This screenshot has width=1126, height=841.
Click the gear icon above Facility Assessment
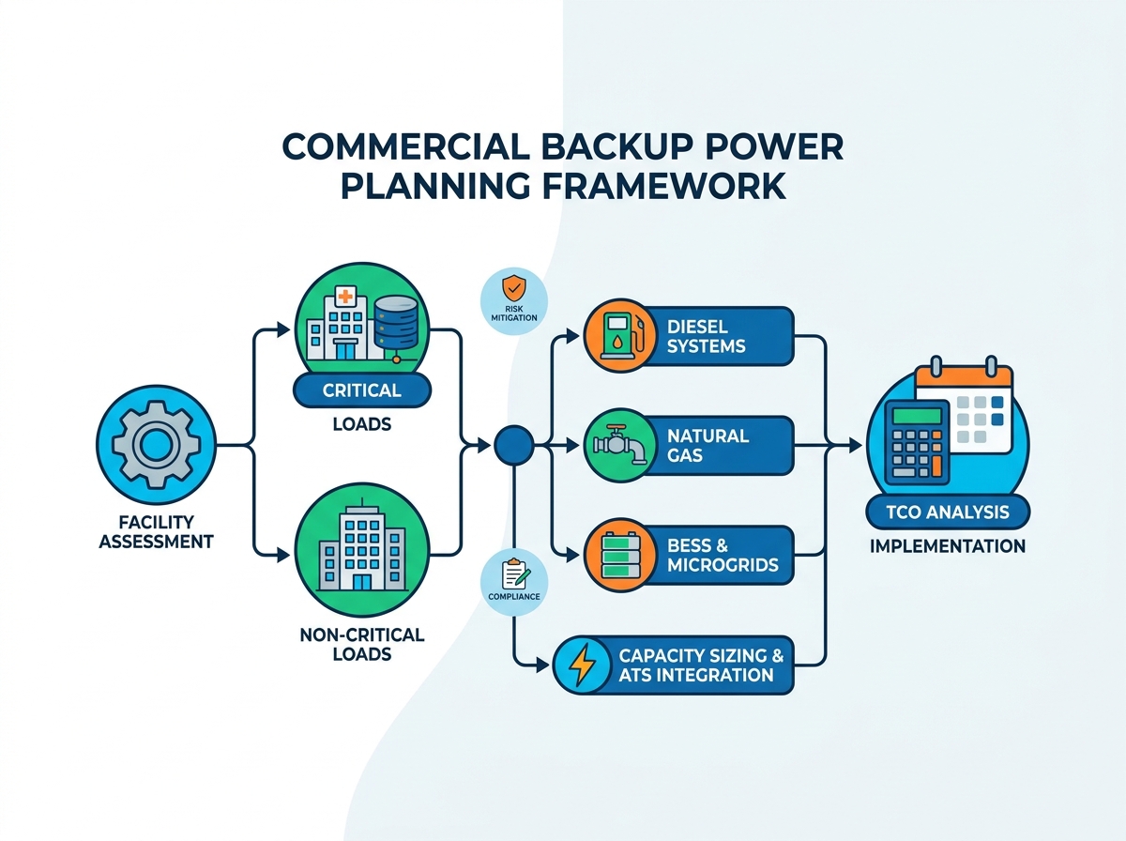click(x=156, y=444)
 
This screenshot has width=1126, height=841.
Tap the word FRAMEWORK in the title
click(x=663, y=186)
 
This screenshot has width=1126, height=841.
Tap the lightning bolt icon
click(x=583, y=665)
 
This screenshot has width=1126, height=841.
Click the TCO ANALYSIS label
click(x=948, y=512)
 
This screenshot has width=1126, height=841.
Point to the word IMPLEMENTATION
click(x=948, y=546)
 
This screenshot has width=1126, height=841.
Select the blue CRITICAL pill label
click(x=362, y=390)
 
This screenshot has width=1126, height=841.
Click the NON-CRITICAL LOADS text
click(x=362, y=645)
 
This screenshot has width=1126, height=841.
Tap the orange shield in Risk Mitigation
click(x=513, y=288)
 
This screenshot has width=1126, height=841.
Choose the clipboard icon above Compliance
click(x=515, y=574)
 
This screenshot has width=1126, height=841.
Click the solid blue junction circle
click(x=513, y=446)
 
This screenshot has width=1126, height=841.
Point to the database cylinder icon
click(x=396, y=322)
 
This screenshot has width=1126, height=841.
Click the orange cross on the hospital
click(x=345, y=297)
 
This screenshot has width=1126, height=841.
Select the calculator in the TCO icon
click(x=917, y=443)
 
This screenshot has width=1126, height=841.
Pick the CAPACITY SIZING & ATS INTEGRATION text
click(x=701, y=665)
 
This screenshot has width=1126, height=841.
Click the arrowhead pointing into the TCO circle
click(x=855, y=445)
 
